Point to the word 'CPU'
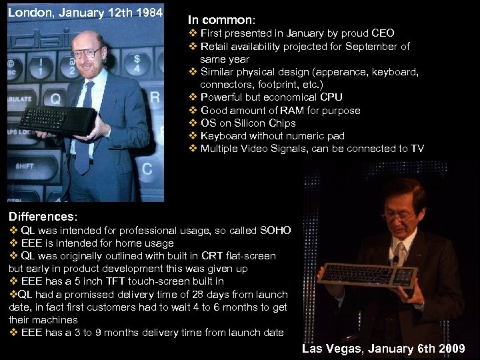click(331, 97)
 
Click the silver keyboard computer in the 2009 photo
click(367, 273)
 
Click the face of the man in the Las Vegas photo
click(397, 212)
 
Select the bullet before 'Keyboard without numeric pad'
click(193, 135)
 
